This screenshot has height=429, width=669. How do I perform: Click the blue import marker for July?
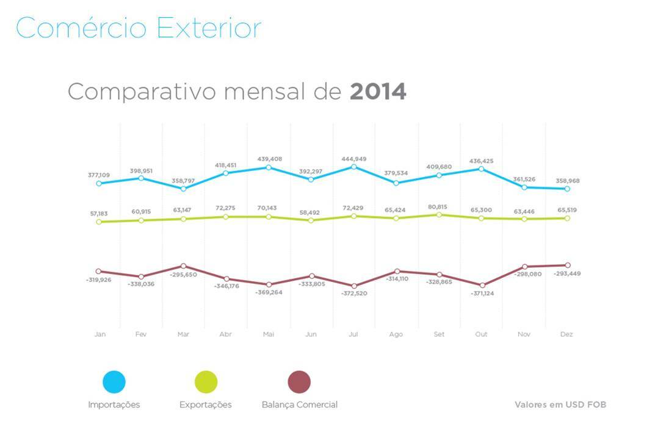[x=354, y=167]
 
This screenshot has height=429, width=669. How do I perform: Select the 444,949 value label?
[x=354, y=159]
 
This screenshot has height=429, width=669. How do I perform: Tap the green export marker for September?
[x=439, y=214]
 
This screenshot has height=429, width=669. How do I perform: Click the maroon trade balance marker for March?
[x=184, y=266]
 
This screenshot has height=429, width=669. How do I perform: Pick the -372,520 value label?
[x=355, y=294]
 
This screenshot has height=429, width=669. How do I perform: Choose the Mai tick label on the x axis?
[x=269, y=334]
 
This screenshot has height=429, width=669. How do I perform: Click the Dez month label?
[x=566, y=334]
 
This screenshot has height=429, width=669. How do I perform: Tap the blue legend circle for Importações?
[x=114, y=382]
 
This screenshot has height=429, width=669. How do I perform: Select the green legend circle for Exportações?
[x=206, y=382]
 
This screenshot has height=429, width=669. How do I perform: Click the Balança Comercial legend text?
[x=299, y=405]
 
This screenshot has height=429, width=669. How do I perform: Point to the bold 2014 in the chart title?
[x=378, y=92]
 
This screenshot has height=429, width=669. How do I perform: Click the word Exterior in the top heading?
[x=209, y=28]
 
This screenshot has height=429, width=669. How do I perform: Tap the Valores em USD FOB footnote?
[x=560, y=405]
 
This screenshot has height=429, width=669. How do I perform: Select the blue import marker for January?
[x=99, y=183]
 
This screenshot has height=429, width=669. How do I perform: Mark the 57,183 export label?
[x=98, y=214]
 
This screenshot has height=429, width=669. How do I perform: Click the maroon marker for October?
[x=482, y=285]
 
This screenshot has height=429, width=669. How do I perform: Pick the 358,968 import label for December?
[x=567, y=181]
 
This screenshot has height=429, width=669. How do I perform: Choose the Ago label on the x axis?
[x=396, y=334]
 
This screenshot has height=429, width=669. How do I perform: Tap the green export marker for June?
[x=311, y=220]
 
